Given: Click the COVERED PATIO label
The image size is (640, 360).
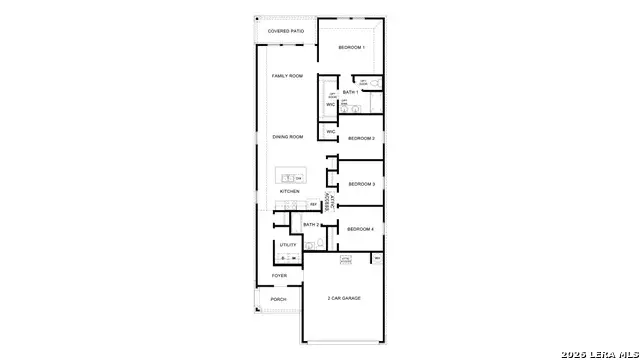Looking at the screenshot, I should tap(285, 31).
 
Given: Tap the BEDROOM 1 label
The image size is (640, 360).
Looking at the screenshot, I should tap(351, 48).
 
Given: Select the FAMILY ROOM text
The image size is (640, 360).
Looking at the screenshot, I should tap(287, 76).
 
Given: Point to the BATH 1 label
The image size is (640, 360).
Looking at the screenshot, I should tap(350, 93).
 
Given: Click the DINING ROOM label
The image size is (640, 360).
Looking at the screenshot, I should tap(288, 137).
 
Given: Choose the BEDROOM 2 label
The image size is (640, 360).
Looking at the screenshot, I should tap(360, 138).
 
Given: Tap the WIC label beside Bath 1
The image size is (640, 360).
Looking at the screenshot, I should tap(330, 104).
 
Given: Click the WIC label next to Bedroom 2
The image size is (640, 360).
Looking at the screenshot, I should tap(330, 131).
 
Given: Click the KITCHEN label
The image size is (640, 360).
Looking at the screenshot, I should tap(289, 191).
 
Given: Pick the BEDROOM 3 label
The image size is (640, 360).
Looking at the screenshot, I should tap(361, 184).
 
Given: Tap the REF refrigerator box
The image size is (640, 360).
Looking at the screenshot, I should tap(313, 205).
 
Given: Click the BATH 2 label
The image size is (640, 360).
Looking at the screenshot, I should tap(310, 225).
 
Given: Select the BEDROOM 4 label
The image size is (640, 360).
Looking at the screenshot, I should tap(360, 229).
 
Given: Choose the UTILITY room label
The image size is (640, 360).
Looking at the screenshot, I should tap(287, 245).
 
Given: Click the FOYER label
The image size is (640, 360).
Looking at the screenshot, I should tap(279, 275).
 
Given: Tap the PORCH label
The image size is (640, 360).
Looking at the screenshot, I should tap(278, 299).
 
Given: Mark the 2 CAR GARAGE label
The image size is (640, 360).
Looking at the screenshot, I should tap(343, 298).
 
